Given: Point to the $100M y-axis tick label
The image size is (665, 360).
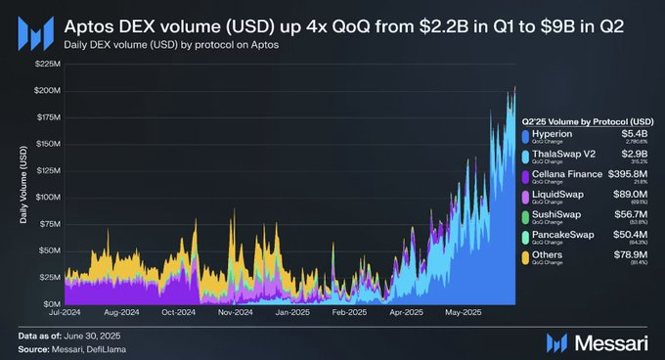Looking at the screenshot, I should tap(46, 197).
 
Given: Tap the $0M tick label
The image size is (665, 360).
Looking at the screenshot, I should tap(51, 304).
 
